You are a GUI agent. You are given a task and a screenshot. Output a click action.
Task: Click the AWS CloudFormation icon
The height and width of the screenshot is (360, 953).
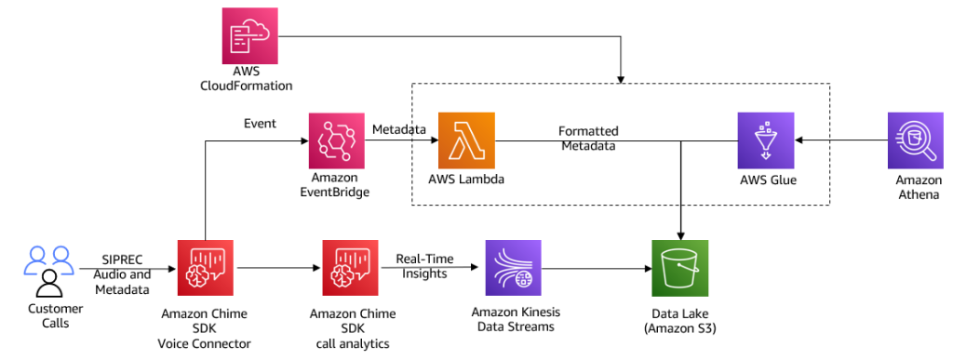click(251, 36)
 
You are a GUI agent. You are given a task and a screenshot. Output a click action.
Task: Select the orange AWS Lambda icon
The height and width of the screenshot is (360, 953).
click(466, 140)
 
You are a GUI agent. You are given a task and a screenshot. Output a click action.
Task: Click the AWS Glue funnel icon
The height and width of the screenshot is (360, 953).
click(765, 140)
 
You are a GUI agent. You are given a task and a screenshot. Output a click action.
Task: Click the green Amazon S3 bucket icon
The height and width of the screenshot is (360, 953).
click(680, 268)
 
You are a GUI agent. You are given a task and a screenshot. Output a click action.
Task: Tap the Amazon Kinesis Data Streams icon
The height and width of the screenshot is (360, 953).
click(513, 268)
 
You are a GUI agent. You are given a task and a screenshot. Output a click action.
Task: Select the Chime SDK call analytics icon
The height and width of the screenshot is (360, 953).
click(350, 268)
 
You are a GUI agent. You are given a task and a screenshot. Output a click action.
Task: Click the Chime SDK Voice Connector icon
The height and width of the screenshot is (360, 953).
click(205, 268)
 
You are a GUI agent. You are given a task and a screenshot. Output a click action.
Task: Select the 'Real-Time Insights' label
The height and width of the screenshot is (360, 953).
click(421, 267)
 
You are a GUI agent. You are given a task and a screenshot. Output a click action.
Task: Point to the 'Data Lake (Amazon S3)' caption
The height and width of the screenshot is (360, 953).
click(680, 322)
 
